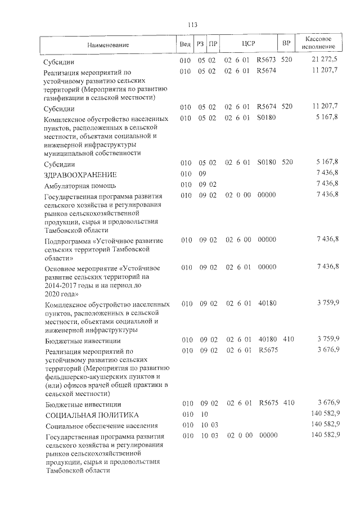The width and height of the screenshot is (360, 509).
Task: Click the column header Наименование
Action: (x=108, y=44)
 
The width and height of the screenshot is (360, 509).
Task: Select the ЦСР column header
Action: (x=249, y=44)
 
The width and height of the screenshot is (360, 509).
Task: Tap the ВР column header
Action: (x=286, y=44)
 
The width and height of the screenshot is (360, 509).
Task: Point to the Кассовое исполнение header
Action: (x=321, y=44)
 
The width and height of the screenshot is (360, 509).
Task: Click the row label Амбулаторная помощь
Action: (x=80, y=186)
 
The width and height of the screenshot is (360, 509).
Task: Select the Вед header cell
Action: (x=185, y=44)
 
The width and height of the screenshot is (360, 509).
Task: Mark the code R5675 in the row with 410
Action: (x=268, y=404)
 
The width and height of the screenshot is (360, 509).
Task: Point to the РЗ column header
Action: (x=200, y=44)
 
